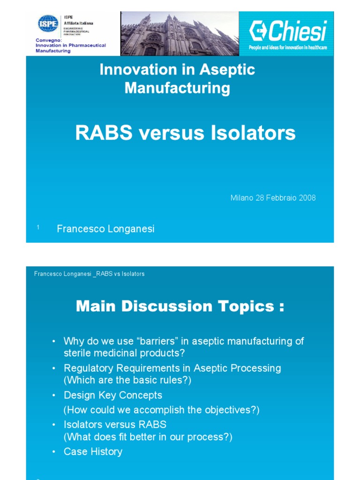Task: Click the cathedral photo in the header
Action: (x=180, y=34)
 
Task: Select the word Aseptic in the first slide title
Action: (x=227, y=70)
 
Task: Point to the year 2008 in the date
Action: (x=307, y=198)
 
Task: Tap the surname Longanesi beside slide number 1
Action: (x=133, y=229)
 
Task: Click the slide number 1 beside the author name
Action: (x=37, y=227)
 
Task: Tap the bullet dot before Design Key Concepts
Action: (x=54, y=396)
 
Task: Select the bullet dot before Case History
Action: (x=54, y=452)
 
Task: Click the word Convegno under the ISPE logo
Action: (x=46, y=40)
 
